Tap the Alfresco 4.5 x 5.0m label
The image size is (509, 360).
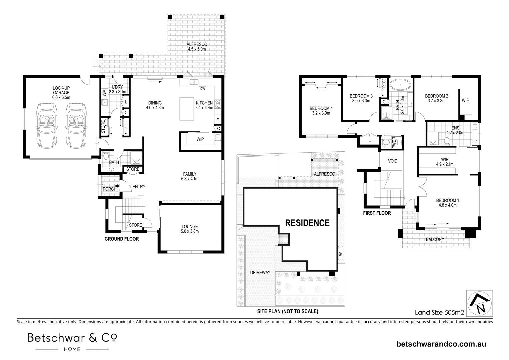197,47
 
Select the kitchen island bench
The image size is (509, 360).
187,108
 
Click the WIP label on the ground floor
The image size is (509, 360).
200,139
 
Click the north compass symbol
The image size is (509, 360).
480,303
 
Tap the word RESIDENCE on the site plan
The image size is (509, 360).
307,223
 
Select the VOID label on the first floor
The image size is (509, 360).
393,161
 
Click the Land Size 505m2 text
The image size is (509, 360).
439,313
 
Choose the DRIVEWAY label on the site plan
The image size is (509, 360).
260,272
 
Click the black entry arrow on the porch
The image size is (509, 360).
117,186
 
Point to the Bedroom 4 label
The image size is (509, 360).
321,111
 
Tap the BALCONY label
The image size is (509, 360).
435,239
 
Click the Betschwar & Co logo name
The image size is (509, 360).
72,338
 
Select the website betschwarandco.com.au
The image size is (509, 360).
441,344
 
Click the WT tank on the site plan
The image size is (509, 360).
341,253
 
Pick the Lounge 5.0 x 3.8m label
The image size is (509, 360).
190,229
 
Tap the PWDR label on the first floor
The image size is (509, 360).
394,143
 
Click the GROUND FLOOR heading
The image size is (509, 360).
122,239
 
